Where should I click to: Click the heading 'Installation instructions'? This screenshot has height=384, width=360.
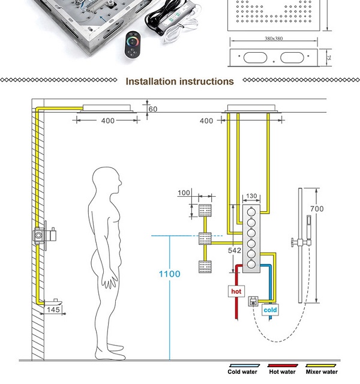click(x=179, y=81)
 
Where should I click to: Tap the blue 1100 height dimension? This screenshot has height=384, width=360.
click(x=169, y=274)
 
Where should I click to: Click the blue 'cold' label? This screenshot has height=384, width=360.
click(x=271, y=310)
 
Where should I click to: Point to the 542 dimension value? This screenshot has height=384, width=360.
click(x=235, y=250)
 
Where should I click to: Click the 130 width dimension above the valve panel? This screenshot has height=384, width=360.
click(x=251, y=196)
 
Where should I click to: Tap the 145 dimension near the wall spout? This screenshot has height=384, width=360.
click(x=53, y=310)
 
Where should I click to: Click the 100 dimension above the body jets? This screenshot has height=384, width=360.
click(x=184, y=193)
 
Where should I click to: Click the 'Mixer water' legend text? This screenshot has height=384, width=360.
click(x=322, y=372)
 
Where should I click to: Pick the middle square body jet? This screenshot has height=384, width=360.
click(x=206, y=238)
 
